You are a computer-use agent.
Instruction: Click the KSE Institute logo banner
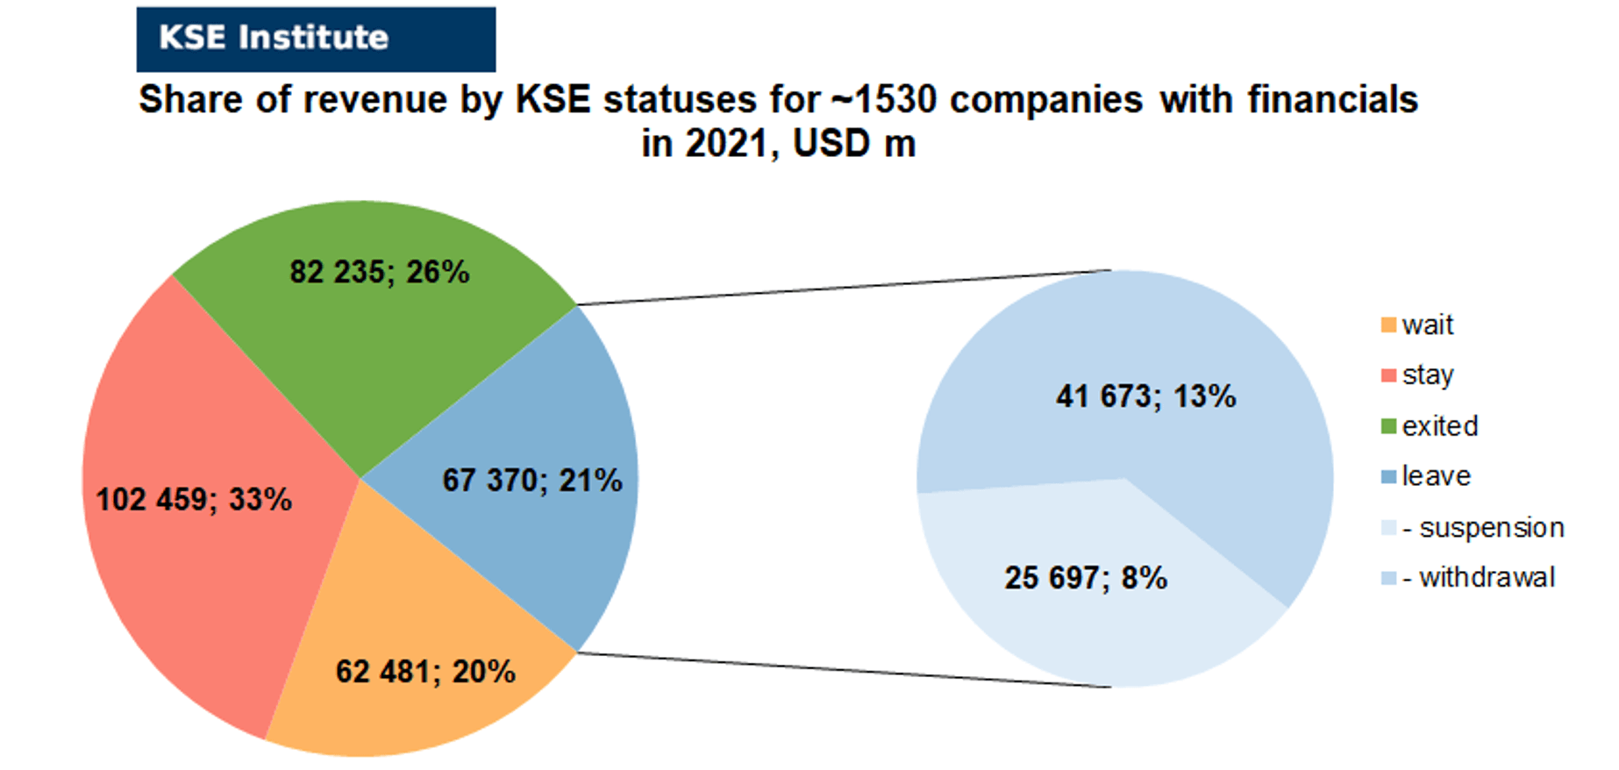[x=316, y=39]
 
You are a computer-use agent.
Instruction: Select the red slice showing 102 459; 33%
[x=210, y=500]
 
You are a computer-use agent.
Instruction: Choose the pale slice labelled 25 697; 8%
[x=1088, y=588]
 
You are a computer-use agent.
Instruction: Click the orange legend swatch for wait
[x=1388, y=325]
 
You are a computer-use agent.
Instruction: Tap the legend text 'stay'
[x=1428, y=375]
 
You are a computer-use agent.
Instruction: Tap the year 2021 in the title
[x=725, y=144]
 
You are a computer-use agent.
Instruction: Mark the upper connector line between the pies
[x=844, y=288]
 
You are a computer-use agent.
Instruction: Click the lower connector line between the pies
[x=844, y=670]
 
